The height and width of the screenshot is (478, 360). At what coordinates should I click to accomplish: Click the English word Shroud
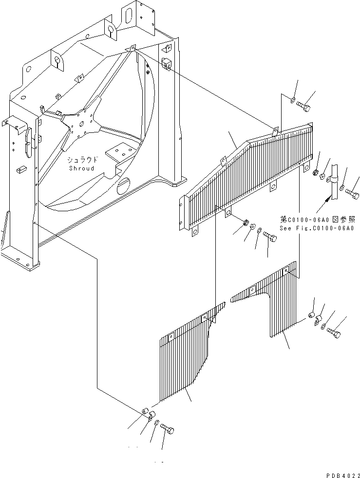pos(81,168)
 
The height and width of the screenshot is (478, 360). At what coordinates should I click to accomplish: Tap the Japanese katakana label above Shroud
pos(83,160)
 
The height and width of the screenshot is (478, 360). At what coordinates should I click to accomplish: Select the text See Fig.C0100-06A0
pos(317,228)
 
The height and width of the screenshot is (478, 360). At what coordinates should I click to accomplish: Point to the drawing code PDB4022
pos(343,475)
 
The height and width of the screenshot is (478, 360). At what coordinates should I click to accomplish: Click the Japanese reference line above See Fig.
pos(317,219)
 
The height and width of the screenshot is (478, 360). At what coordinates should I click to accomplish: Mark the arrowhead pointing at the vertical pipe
pos(327,200)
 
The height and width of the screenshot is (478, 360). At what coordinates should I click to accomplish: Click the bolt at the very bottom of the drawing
pos(167,428)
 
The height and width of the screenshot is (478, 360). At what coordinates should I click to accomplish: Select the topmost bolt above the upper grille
pos(303,107)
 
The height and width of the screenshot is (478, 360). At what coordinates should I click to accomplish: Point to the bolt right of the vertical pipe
pos(352,193)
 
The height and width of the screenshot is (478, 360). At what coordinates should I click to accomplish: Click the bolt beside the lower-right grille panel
pos(334,332)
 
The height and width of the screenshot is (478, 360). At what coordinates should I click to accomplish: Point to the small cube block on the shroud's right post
pos(167,63)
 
